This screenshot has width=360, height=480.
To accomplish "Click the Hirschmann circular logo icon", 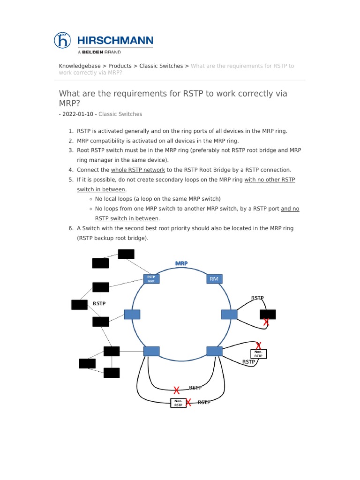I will (62, 40).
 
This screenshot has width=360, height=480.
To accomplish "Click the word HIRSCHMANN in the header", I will (115, 40).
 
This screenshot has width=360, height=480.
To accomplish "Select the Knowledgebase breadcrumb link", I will (79, 66).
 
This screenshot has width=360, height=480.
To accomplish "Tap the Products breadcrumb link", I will (120, 66).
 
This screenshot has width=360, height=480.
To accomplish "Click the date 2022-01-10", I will (77, 114).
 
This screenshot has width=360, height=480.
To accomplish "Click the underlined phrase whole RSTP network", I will (138, 170).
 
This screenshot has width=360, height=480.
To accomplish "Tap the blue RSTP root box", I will (151, 279).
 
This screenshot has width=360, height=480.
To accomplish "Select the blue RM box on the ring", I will (214, 279).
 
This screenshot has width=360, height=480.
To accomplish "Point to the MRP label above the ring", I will (181, 263).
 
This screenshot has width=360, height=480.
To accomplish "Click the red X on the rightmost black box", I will (266, 322).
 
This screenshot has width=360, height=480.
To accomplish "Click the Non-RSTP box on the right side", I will (259, 354).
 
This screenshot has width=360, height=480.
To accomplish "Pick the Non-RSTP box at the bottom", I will (178, 403).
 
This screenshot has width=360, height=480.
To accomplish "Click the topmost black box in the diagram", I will (126, 254).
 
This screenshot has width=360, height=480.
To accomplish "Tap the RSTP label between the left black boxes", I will (99, 303).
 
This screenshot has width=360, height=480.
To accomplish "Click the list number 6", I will (71, 228).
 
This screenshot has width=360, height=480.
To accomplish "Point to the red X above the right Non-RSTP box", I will (258, 345).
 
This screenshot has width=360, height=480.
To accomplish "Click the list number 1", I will (71, 131).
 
